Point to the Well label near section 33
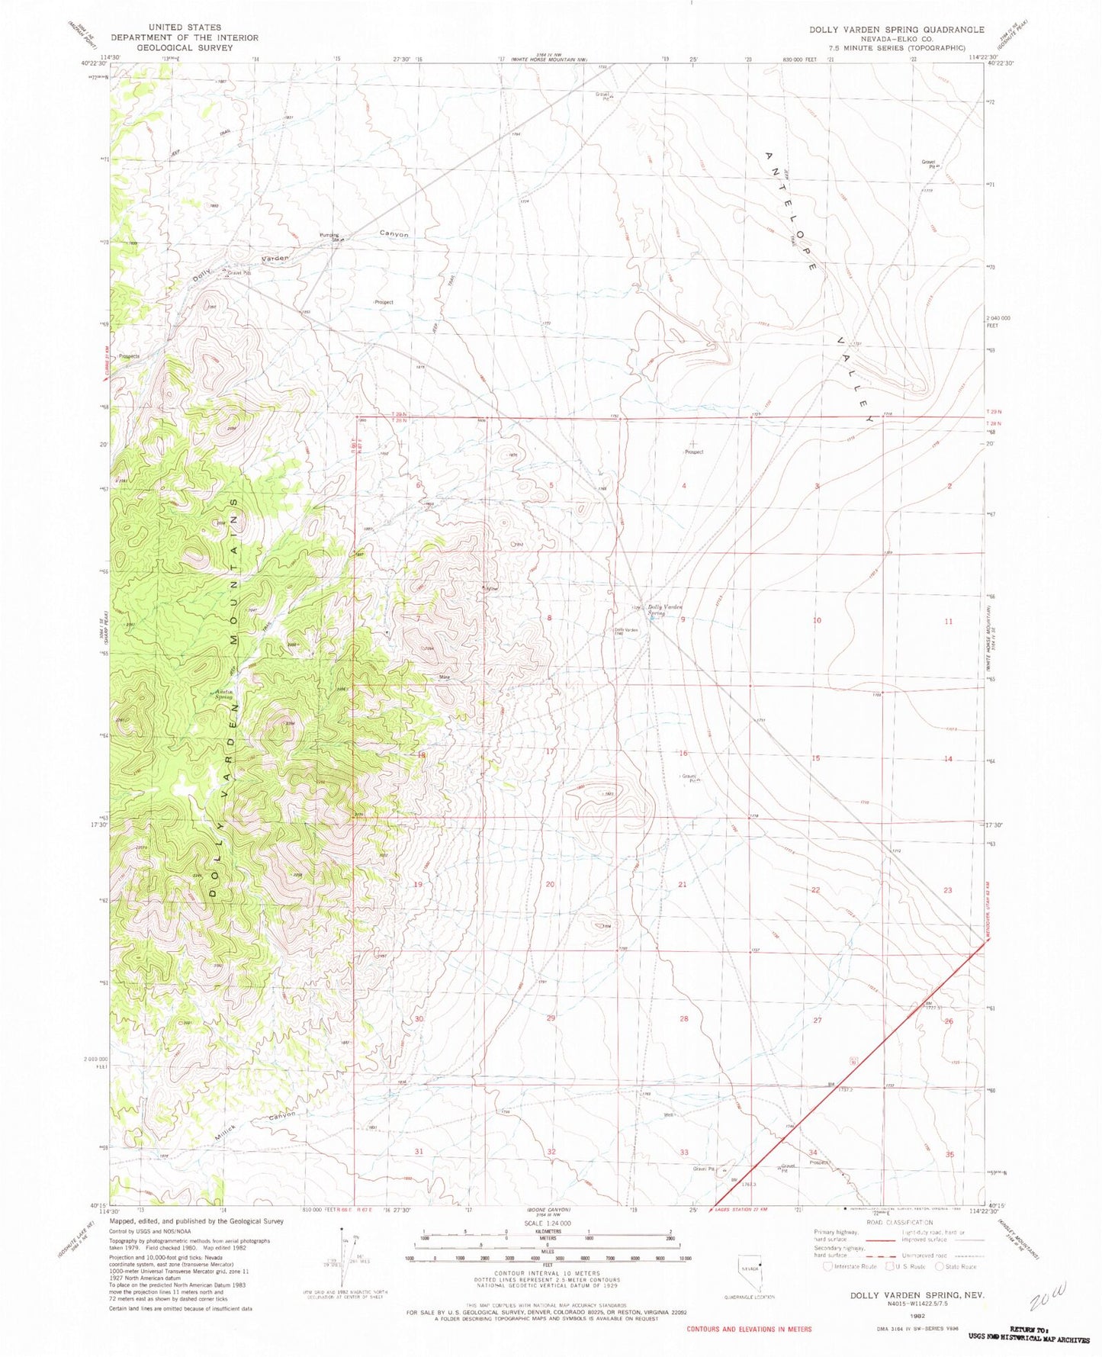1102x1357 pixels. click(669, 1114)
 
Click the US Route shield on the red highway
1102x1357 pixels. click(853, 1060)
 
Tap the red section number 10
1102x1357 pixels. click(816, 620)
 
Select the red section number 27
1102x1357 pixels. click(818, 1020)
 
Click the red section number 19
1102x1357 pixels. click(418, 884)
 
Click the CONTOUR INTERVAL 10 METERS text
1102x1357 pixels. click(548, 1273)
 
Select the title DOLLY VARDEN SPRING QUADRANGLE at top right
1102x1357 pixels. click(896, 30)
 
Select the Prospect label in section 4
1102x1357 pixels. click(693, 452)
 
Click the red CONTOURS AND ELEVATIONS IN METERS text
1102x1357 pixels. click(749, 1329)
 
